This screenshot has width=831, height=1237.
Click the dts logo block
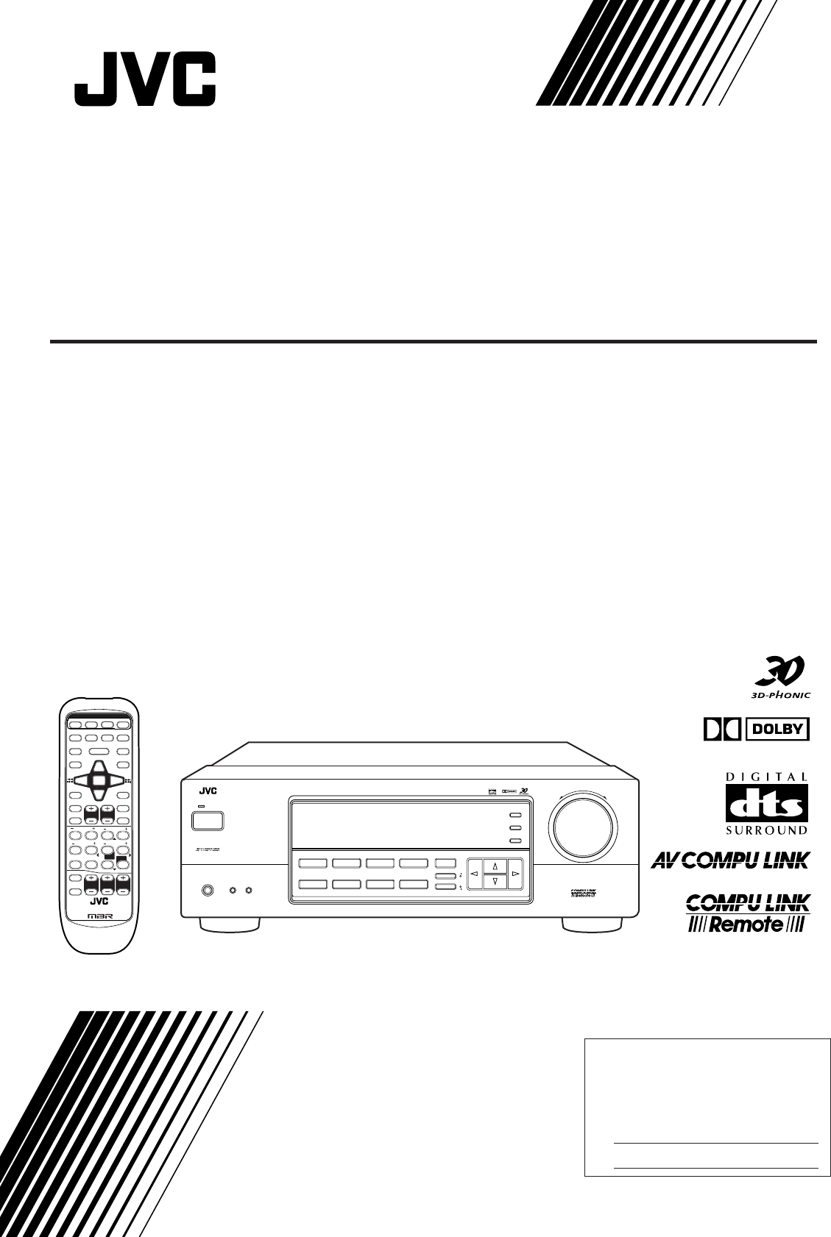coord(767,802)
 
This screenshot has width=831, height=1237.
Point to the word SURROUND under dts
coord(767,830)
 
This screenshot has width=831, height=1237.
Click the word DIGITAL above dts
coord(767,776)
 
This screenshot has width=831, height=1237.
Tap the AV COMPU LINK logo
coord(731,860)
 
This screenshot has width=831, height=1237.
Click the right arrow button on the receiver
coord(516,873)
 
